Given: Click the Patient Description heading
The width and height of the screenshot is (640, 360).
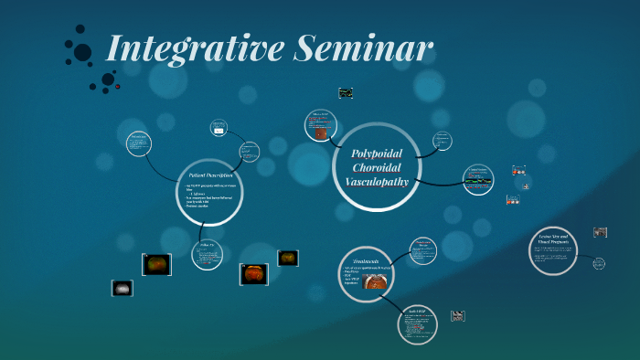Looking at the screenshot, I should pos(210,174).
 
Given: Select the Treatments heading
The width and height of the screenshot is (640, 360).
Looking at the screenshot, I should pos(367,260).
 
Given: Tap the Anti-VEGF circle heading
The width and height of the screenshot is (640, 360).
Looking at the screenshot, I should pos(417,312).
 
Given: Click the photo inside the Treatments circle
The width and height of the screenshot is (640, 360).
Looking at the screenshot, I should pos(374,281).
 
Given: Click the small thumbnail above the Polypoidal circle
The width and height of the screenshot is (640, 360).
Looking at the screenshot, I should pos(346,93).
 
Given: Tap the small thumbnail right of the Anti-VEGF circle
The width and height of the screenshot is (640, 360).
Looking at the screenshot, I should pos(458,316).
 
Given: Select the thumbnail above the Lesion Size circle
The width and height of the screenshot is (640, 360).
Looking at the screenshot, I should pos(600,233).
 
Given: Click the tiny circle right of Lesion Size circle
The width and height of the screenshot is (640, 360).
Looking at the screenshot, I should pos(599,263).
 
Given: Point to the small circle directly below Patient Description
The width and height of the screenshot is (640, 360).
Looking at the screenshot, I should pos(208,255).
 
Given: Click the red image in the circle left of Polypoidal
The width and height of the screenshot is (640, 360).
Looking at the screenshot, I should pos(321,132).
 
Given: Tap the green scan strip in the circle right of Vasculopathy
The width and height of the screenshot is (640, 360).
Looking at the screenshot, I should pos(478,181).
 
